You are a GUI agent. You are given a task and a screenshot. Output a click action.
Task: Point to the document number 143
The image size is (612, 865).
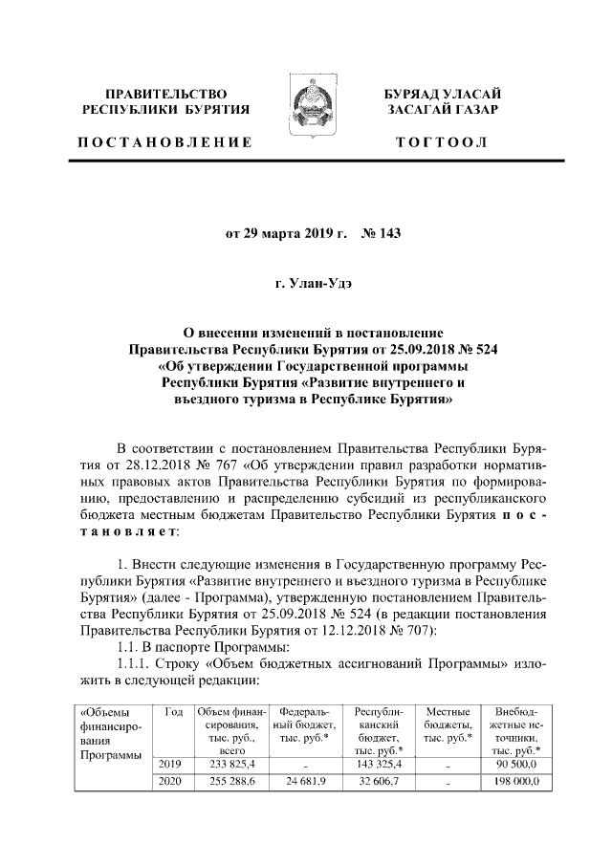pyautogui.click(x=379, y=232)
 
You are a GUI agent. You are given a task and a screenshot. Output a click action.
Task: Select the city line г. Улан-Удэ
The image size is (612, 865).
pyautogui.click(x=305, y=283)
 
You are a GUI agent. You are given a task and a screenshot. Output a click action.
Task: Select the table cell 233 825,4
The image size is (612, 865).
pyautogui.click(x=229, y=765)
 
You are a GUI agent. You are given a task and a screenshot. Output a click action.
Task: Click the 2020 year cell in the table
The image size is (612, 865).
pyautogui.click(x=173, y=782)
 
